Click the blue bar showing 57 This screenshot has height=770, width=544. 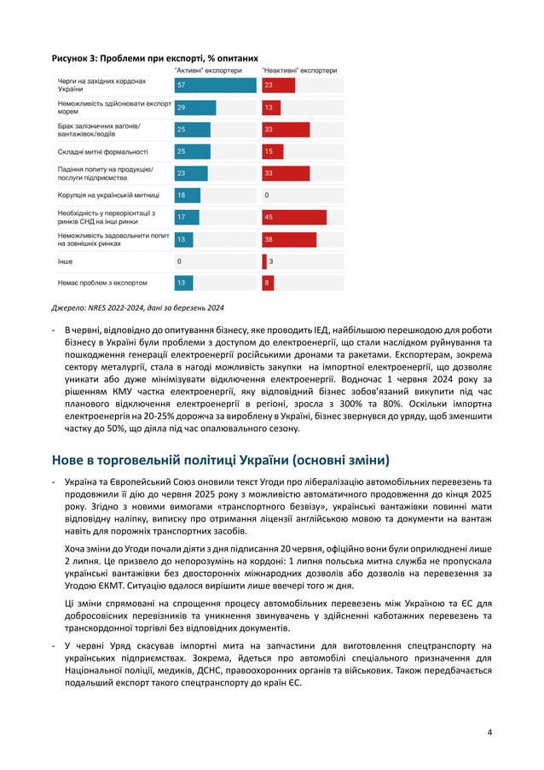[x=215, y=85]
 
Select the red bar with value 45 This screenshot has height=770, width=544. [x=293, y=217]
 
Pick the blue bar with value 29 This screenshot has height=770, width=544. [x=194, y=108]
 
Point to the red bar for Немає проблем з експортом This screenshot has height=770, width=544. [x=268, y=282]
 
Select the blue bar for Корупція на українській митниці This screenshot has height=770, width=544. [x=186, y=195]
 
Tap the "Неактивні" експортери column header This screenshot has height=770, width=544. [x=299, y=70]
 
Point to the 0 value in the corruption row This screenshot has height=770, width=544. [x=267, y=195]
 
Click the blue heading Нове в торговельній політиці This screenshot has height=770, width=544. [x=220, y=460]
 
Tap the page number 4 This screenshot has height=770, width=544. [x=489, y=732]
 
